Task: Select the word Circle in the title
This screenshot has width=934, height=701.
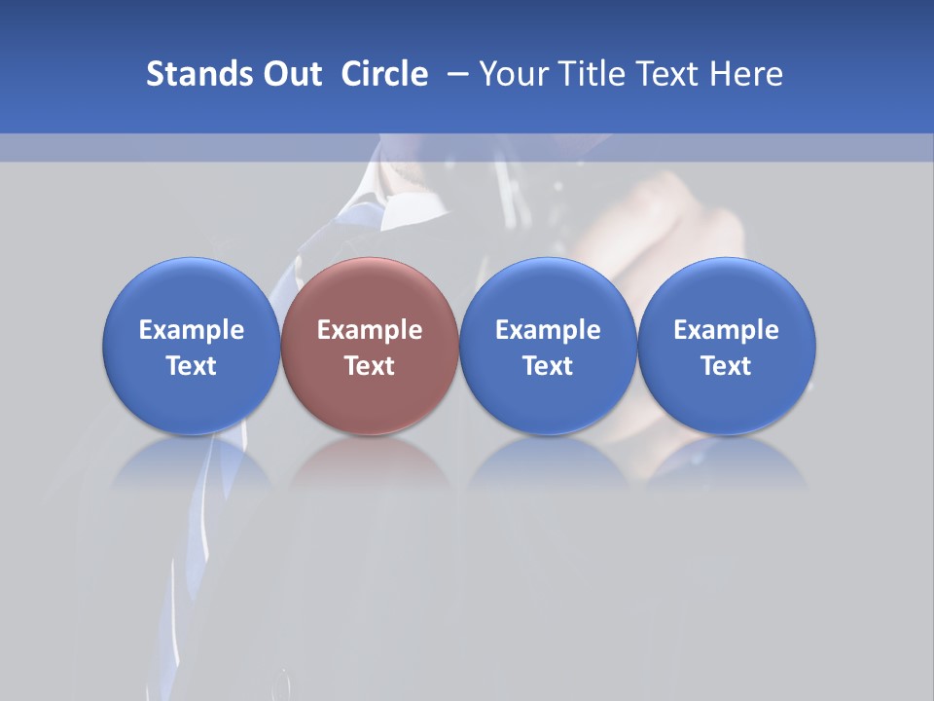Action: tap(384, 74)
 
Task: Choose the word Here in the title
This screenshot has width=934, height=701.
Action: tap(747, 74)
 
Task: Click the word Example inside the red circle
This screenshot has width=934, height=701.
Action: tap(370, 330)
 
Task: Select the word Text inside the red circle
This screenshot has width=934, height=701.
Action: tap(370, 366)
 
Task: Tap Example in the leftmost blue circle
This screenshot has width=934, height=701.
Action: tap(192, 330)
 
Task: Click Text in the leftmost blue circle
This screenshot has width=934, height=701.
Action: tap(192, 366)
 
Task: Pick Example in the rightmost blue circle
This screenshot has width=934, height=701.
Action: tap(726, 330)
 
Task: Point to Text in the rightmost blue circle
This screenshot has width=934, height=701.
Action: tap(726, 366)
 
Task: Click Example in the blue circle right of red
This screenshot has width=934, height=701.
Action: tap(548, 330)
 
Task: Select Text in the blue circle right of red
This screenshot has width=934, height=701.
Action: tap(548, 366)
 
